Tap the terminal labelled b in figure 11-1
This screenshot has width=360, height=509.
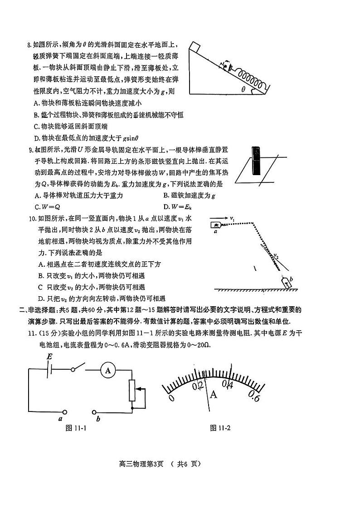pos(94,412)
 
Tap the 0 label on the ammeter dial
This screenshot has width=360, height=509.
pos(171,397)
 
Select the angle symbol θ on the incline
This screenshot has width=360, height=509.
pos(243,89)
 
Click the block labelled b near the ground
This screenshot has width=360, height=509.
pos(287,284)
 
